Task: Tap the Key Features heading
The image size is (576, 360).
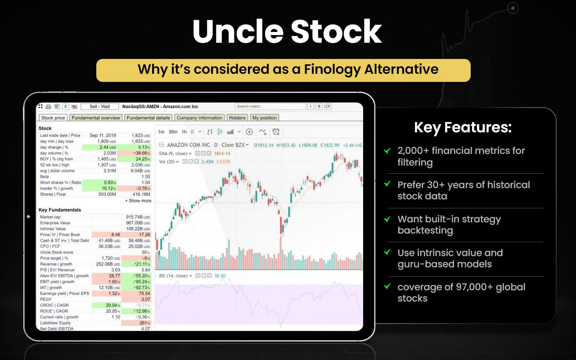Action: [463, 127]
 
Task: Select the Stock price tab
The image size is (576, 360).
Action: [53, 118]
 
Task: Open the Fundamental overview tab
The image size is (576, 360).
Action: [96, 118]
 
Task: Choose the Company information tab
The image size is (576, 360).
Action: [199, 118]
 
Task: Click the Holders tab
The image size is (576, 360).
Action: [237, 118]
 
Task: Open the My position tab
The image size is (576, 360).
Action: [265, 118]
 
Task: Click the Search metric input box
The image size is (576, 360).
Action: [270, 107]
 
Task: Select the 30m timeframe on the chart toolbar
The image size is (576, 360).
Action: [173, 132]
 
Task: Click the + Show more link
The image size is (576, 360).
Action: [138, 201]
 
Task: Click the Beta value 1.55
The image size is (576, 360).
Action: [145, 177]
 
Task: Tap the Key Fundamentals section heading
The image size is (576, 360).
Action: [60, 210]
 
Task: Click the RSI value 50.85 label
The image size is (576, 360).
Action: [220, 276]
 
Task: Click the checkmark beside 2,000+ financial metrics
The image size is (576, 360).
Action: [387, 151]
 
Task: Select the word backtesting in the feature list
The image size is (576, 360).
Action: [425, 230]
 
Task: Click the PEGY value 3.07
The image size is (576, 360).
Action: [145, 299]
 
